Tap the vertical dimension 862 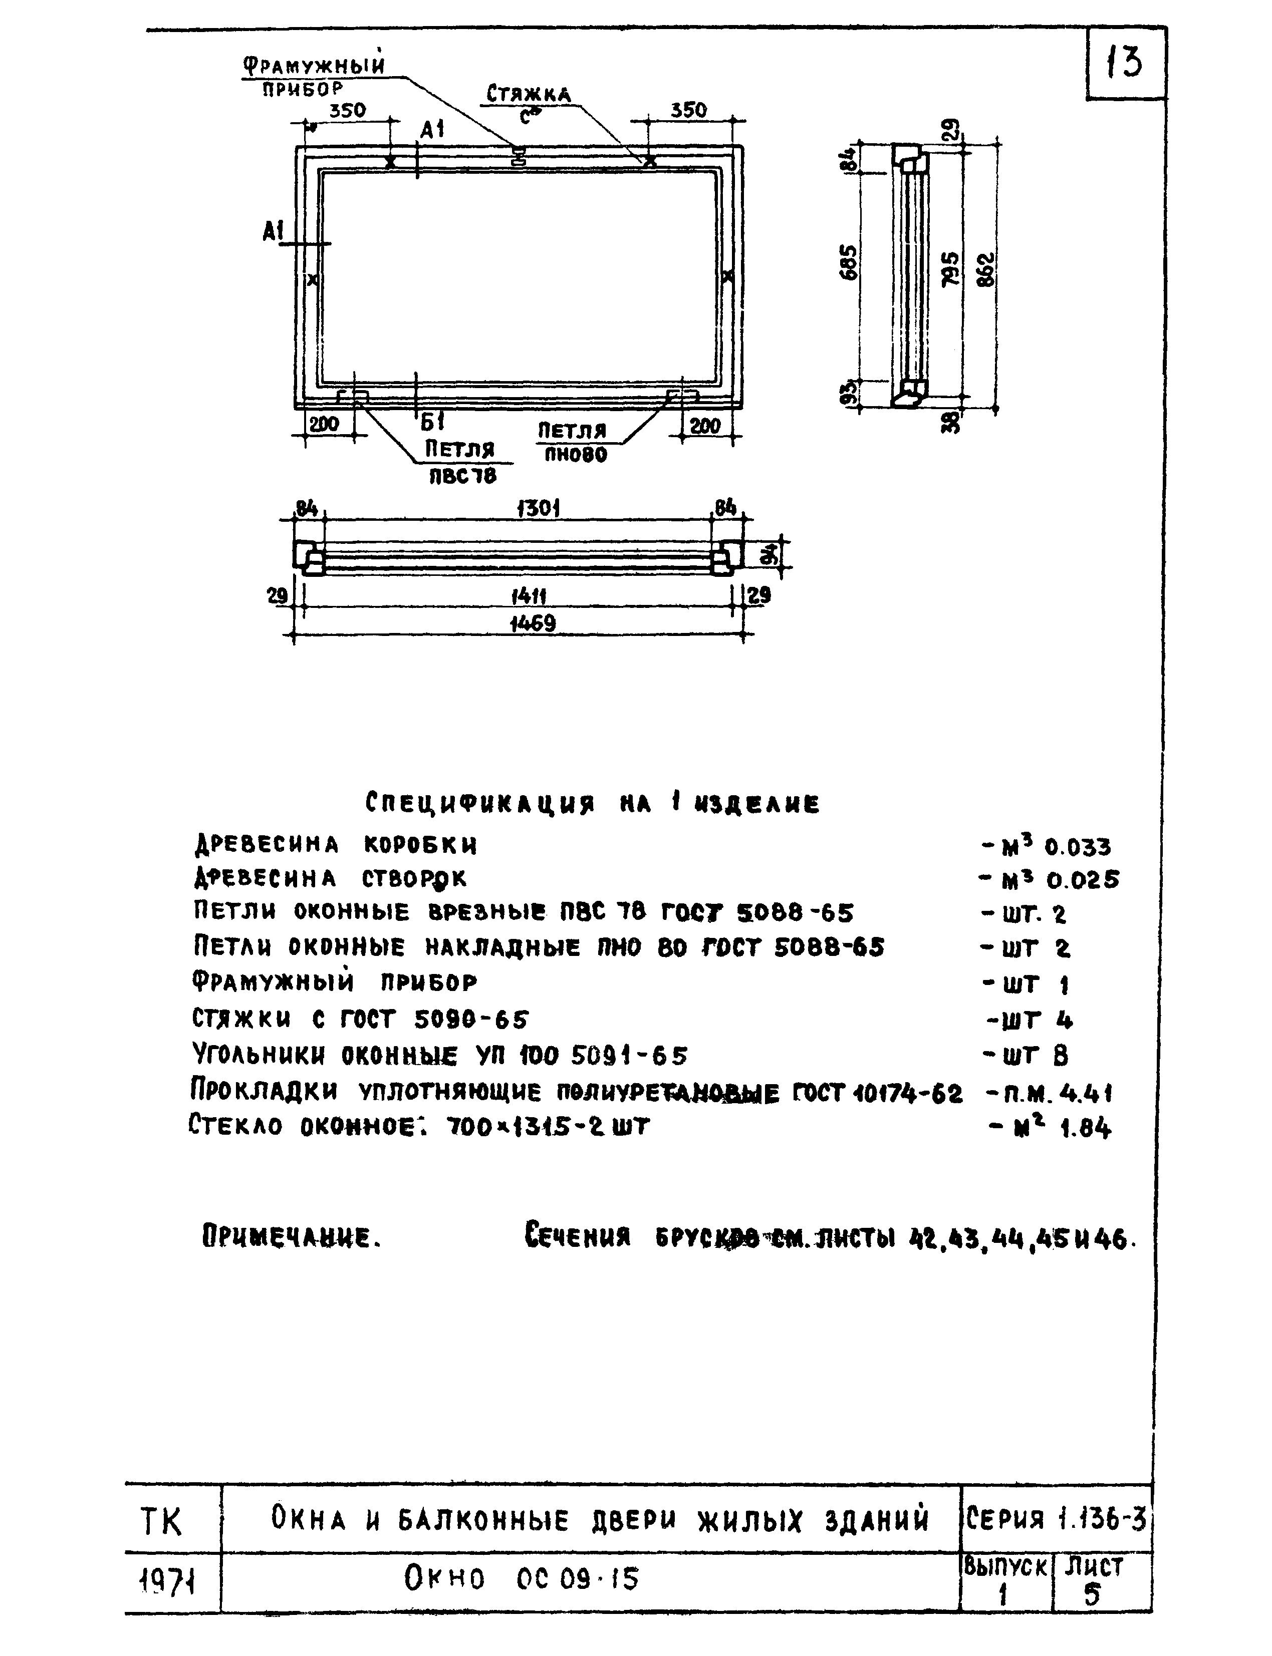(985, 270)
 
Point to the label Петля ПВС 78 (459, 462)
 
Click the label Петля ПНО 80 (573, 442)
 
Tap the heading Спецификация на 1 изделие (592, 803)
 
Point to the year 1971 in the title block (169, 1579)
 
